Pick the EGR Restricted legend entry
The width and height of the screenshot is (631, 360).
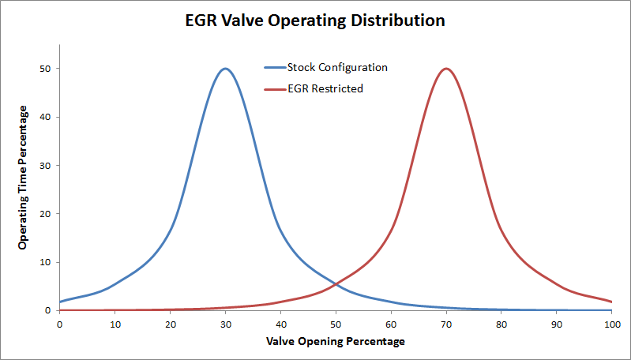[x=325, y=88]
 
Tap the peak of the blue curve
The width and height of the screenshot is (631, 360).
[x=225, y=69]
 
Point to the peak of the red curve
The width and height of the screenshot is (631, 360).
[x=446, y=69]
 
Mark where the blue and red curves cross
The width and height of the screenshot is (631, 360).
[x=336, y=283]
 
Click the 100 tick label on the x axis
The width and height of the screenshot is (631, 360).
[x=611, y=324]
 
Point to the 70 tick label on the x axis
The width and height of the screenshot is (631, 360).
[x=446, y=324]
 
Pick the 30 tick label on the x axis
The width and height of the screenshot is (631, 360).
[x=225, y=324]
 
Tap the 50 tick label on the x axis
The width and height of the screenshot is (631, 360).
[x=336, y=324]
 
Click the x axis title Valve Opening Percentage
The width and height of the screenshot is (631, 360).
[x=336, y=342]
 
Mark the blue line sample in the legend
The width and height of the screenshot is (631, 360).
[x=274, y=68]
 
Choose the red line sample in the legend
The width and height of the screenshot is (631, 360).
[x=274, y=88]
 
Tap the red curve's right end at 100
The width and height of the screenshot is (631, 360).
[x=611, y=302]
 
